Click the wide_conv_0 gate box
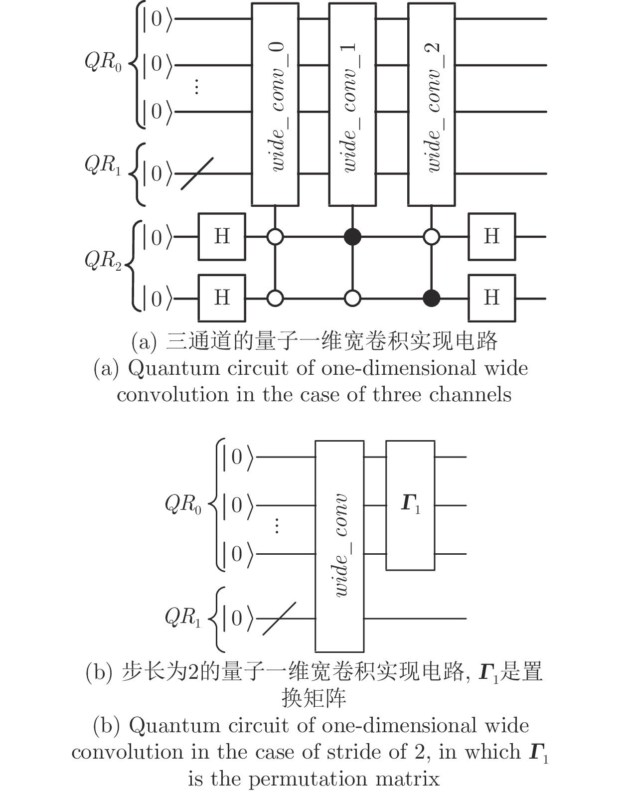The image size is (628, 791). click(x=275, y=104)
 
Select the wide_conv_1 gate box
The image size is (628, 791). click(x=352, y=104)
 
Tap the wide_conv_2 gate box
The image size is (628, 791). click(x=431, y=104)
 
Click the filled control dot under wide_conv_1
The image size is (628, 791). click(x=352, y=237)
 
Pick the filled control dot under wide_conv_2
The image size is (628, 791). click(x=431, y=299)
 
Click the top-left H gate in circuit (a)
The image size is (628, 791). click(x=222, y=237)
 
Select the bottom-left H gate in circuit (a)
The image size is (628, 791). click(x=222, y=298)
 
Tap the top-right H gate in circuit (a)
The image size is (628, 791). click(x=491, y=237)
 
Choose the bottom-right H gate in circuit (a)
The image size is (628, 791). click(x=491, y=298)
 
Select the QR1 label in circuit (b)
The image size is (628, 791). click(x=183, y=618)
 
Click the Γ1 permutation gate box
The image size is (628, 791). click(x=410, y=505)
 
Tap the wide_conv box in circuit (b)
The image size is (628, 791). click(x=339, y=546)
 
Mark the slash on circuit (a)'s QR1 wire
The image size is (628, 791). click(x=197, y=173)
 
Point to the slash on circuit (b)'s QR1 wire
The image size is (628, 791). click(x=279, y=619)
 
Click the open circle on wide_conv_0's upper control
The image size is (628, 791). click(x=275, y=237)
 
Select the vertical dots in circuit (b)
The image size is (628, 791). click(x=277, y=526)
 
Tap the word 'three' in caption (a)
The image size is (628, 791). click(x=397, y=395)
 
